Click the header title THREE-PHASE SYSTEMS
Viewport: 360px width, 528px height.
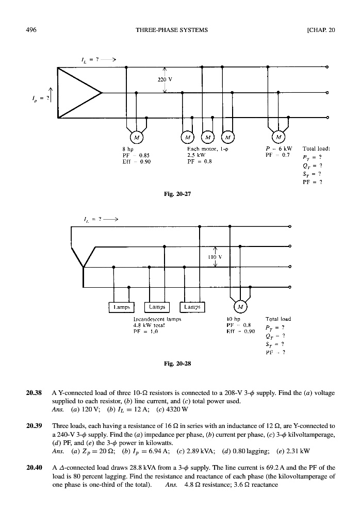click(x=172, y=29)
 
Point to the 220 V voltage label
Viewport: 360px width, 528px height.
click(x=164, y=79)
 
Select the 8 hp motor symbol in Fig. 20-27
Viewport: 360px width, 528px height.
click(x=136, y=138)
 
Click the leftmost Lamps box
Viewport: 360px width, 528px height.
click(x=120, y=307)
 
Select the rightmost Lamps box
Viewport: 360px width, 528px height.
click(x=192, y=307)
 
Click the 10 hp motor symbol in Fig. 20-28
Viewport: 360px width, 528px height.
click(x=240, y=307)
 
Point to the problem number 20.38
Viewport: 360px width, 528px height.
click(x=34, y=393)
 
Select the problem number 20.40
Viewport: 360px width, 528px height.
click(x=34, y=467)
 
